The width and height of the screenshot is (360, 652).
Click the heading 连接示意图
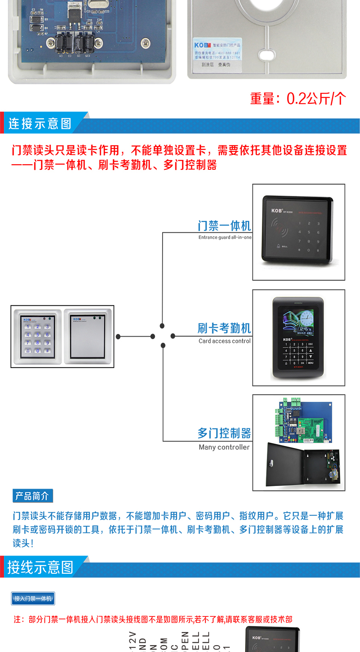pyautogui.click(x=40, y=124)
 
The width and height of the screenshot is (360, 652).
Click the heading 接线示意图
pyautogui.click(x=41, y=567)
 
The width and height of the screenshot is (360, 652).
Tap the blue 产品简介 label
pyautogui.click(x=32, y=496)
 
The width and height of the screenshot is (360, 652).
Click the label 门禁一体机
pyautogui.click(x=224, y=226)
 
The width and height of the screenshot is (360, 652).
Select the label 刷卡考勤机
pyautogui.click(x=224, y=328)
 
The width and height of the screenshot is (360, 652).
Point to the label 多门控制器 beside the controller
pyautogui.click(x=224, y=433)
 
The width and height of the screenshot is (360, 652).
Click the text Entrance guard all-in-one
pyautogui.click(x=225, y=238)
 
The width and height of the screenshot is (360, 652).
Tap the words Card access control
pyautogui.click(x=224, y=341)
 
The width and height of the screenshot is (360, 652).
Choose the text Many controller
pyautogui.click(x=224, y=447)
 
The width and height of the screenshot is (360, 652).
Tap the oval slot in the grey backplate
pyautogui.click(x=267, y=55)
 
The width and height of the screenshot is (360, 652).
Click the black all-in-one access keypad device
pyautogui.click(x=298, y=230)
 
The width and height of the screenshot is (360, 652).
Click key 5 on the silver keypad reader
pyautogui.click(x=37, y=335)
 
